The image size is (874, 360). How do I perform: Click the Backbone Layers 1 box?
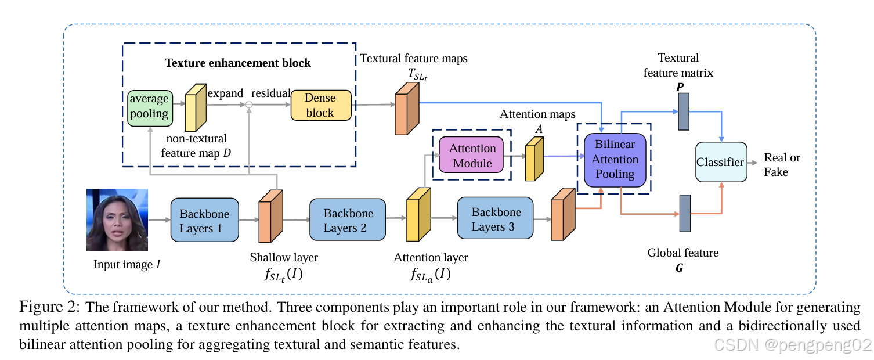point(204,220)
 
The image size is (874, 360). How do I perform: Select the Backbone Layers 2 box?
point(348,220)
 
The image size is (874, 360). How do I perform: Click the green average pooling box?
point(149,106)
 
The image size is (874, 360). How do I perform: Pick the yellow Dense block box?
point(320,105)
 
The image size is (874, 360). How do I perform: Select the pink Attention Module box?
point(472,156)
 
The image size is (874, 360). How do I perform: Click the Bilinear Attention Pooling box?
point(615,159)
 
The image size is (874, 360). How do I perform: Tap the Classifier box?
point(720,162)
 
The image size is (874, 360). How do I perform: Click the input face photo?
point(117,219)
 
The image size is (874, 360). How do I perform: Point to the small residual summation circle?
point(248,105)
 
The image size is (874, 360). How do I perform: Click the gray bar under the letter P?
point(684,111)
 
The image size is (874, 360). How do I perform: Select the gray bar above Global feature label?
point(685,214)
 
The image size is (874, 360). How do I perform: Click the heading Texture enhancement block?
point(238,63)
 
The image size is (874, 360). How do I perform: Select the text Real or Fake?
point(781,164)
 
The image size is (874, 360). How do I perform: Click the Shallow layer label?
point(283,257)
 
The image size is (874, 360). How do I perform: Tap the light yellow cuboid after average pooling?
point(194,108)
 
